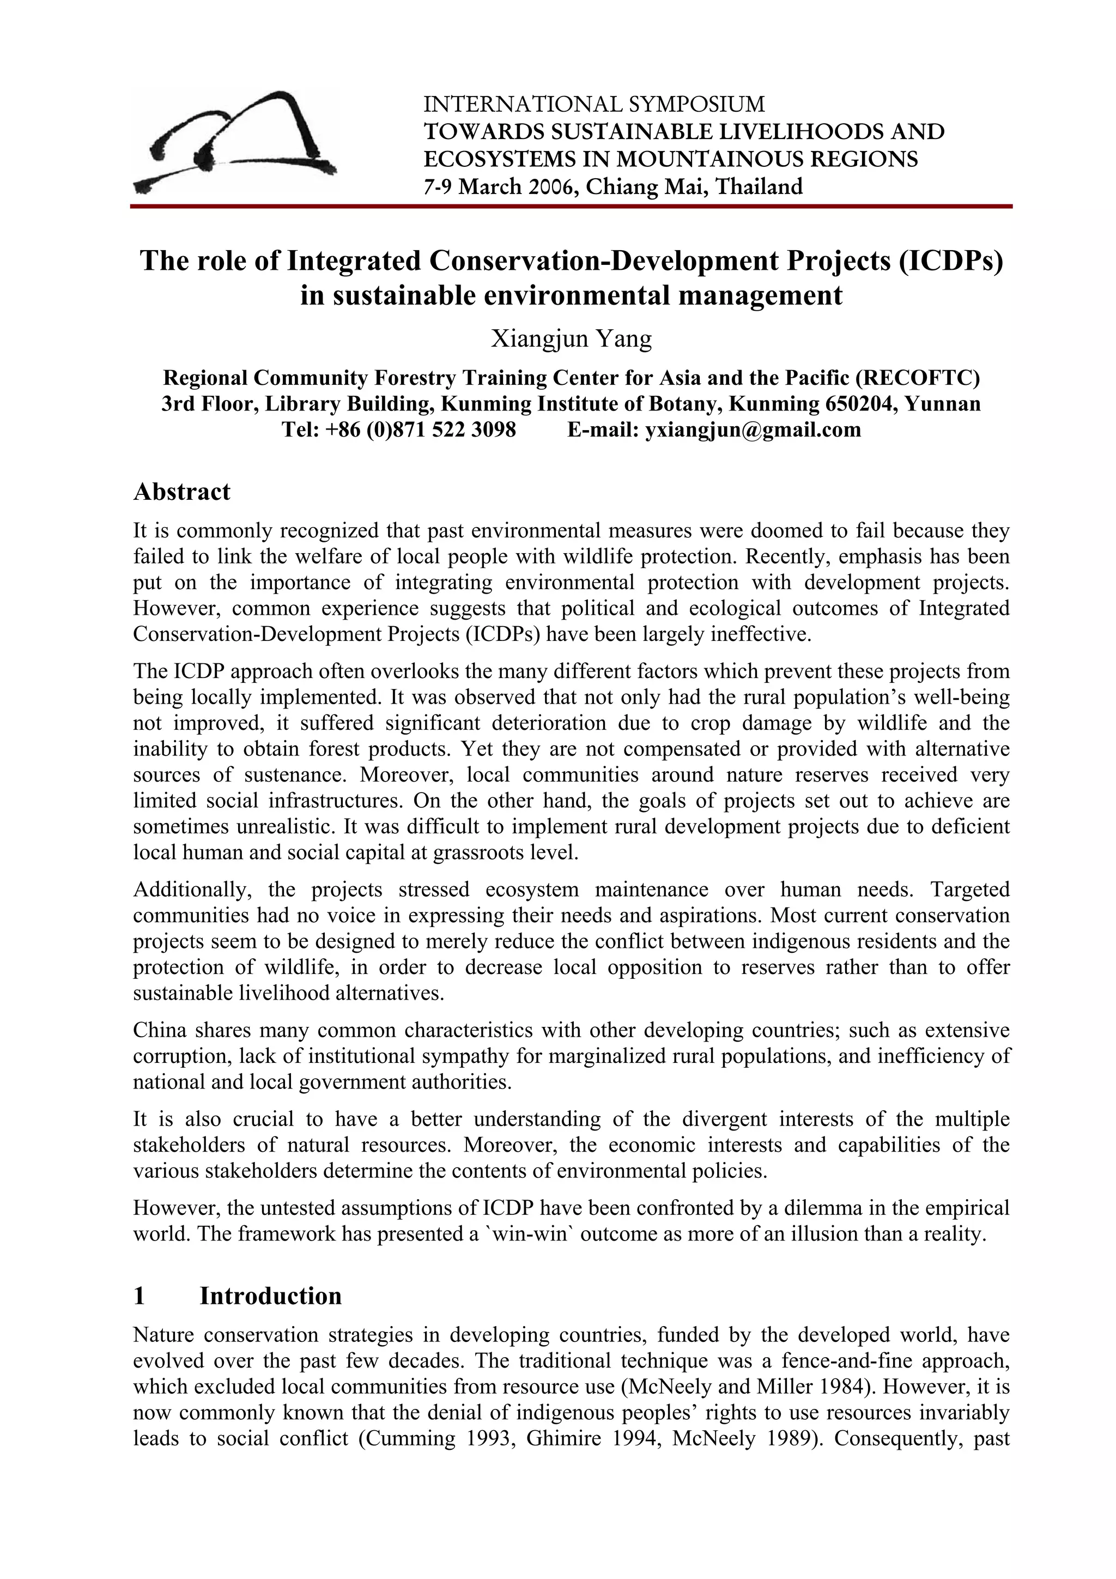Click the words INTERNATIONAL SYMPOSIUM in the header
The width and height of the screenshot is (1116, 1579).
593,105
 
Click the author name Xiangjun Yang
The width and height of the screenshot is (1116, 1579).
571,338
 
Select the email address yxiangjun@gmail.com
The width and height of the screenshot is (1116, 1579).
752,430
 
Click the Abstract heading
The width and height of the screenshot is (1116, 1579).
181,492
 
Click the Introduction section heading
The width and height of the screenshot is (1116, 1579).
270,1296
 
